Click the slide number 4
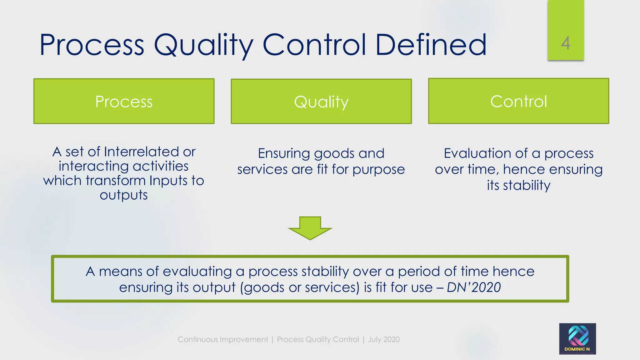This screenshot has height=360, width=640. click(x=565, y=43)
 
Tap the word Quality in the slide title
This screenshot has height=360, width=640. click(x=203, y=45)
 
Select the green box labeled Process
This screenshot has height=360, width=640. click(x=124, y=101)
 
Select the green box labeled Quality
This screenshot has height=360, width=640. click(x=321, y=101)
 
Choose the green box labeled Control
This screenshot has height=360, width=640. click(x=518, y=101)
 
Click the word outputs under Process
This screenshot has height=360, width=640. click(x=124, y=195)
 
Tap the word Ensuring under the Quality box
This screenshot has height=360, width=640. click(x=284, y=153)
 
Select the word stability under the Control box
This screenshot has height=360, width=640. click(x=527, y=185)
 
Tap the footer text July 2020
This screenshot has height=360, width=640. click(x=384, y=339)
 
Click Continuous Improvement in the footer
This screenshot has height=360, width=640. click(x=223, y=339)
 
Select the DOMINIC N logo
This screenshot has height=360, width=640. click(x=577, y=339)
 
